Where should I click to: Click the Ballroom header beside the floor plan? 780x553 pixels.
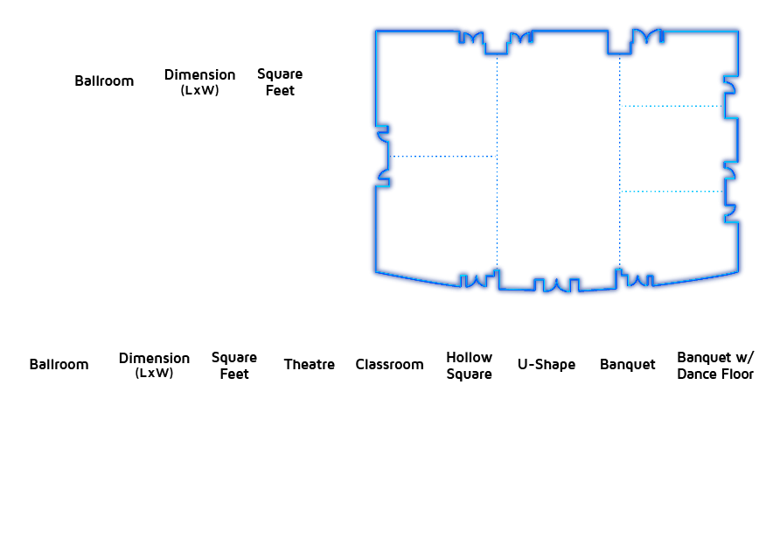104,80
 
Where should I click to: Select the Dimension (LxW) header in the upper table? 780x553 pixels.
199,81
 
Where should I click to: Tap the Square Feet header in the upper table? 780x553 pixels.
280,82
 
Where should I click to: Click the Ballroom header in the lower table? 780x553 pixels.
59,364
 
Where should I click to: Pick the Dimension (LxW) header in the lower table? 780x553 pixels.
154,365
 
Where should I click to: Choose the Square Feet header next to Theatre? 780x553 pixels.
233,366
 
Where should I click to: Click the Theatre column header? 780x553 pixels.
309,364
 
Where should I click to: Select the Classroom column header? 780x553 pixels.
389,364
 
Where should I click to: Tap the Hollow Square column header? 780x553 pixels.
469,366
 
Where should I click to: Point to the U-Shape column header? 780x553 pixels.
547,364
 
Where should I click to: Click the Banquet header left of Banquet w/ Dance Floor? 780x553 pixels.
627,364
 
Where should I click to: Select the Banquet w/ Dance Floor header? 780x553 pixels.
715,366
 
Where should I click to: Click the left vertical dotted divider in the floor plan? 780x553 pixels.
497,162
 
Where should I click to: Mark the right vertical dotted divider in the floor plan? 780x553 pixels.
619,162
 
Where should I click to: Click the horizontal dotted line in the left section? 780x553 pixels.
442,157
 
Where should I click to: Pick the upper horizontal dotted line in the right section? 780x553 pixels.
672,106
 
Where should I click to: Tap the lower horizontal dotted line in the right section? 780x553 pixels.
672,191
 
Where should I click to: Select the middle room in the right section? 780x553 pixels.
672,149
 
